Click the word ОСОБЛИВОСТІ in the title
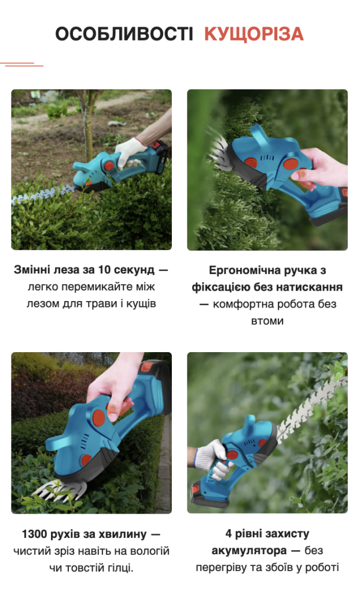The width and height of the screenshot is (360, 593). pyautogui.click(x=124, y=34)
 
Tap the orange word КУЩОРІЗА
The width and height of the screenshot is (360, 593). pyautogui.click(x=254, y=35)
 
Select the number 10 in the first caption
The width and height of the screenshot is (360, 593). pyautogui.click(x=104, y=270)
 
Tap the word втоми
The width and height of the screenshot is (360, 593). pyautogui.click(x=267, y=321)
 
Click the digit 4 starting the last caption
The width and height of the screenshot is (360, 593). pyautogui.click(x=229, y=534)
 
